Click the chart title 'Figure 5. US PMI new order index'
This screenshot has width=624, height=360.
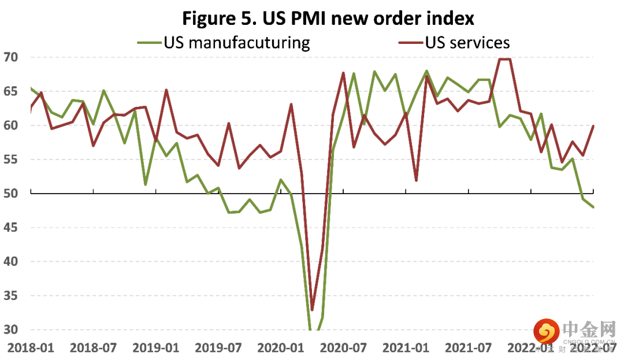328,18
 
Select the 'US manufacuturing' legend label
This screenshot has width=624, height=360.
237,42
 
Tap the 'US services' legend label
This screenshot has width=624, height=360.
467,42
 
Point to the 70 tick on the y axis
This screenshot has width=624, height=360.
11,57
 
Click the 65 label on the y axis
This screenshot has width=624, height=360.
11,91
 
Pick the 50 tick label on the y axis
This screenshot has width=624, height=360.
11,194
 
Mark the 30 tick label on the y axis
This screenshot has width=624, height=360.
11,330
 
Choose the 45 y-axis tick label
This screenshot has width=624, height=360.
11,228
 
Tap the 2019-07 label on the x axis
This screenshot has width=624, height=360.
218,348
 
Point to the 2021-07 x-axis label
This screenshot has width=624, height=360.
469,348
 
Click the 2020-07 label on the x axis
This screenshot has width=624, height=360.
344,348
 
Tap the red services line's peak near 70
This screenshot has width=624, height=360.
504,59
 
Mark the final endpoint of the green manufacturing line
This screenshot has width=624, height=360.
593,207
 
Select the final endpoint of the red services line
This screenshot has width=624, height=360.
593,126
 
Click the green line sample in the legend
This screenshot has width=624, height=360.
149,42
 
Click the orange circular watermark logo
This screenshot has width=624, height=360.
546,332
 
